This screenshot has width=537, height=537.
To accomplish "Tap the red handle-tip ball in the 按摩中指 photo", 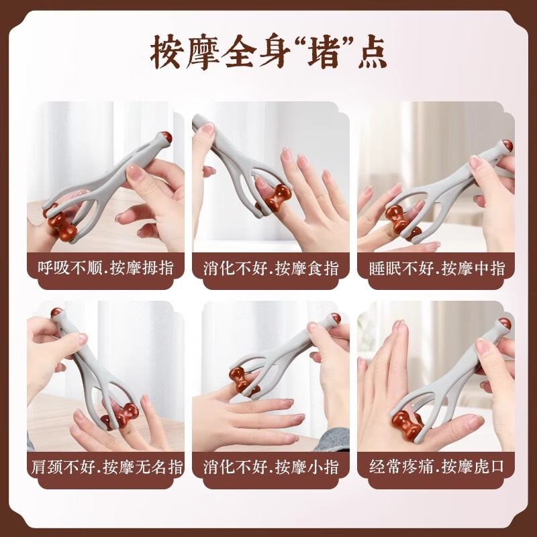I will click(511, 147).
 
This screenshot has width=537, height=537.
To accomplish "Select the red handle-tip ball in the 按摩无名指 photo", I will click(56, 313).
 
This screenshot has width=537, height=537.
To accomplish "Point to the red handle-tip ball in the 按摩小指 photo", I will click(335, 318).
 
